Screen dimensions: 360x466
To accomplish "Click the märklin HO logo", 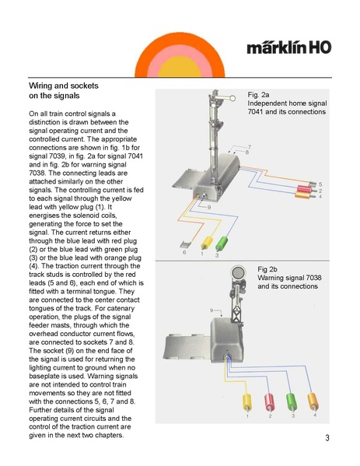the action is [288, 47].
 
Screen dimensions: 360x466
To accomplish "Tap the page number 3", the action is [327, 438].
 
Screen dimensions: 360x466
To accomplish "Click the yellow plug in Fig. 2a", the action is [207, 243].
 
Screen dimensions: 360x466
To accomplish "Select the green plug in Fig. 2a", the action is [222, 244].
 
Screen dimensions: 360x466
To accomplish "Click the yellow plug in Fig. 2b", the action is [247, 402].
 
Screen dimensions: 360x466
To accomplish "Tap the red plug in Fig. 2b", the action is [269, 402].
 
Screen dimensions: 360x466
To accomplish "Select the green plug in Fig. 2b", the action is [292, 402].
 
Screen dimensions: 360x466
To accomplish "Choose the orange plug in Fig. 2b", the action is [313, 401].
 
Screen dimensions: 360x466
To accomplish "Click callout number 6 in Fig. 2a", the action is [184, 253].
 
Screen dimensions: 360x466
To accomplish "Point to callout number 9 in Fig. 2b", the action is [211, 310].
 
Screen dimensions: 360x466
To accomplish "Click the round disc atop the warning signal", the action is [238, 272].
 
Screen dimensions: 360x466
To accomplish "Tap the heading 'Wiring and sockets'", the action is [64, 86].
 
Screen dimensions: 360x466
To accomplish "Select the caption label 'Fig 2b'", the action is [267, 269].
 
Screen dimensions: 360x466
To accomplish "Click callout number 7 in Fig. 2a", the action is [250, 147].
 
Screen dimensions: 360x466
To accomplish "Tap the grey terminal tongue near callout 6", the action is [186, 244].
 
